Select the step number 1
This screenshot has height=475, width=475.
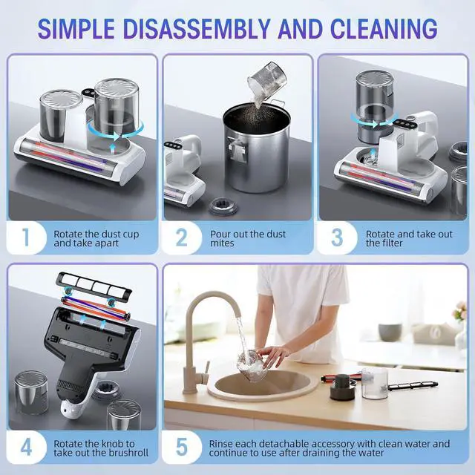(26, 239)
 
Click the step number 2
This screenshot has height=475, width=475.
(181, 239)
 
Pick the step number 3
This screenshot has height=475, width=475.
(338, 239)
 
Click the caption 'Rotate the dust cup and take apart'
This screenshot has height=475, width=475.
(96, 239)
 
